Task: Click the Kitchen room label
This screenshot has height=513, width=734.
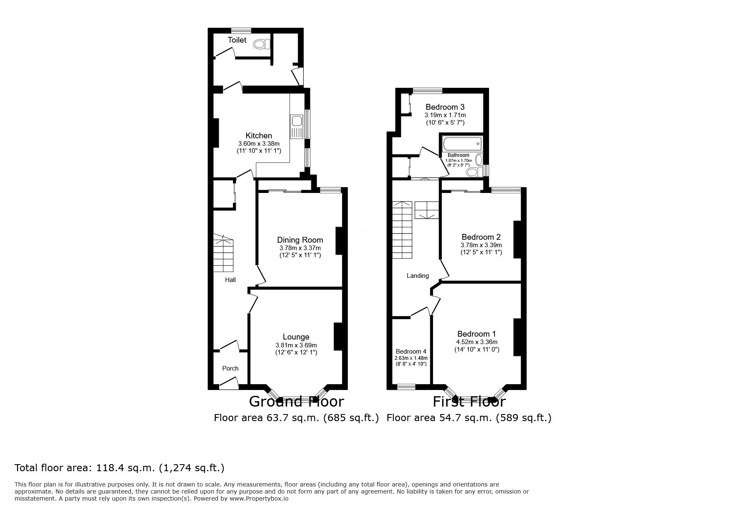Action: coord(259,135)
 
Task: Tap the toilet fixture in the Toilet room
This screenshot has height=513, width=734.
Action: coord(262,43)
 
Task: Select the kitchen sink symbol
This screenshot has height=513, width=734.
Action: coord(296,121)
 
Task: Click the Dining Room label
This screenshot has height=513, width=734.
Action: coord(300,240)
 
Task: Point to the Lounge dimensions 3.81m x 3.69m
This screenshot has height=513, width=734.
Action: coord(296,345)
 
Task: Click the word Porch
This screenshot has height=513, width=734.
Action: coord(230,368)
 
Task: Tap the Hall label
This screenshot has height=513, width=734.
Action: coord(230,280)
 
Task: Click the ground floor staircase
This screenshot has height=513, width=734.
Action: coord(224,253)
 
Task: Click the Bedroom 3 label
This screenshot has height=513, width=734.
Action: coord(445,107)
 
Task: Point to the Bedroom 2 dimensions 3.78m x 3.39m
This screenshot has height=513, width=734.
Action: coord(481,245)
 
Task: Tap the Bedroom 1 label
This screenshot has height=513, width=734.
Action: coord(476,334)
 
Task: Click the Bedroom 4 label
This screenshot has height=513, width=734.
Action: coord(411,351)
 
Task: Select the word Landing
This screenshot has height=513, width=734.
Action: coord(417,276)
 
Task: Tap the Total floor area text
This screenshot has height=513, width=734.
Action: coord(119,468)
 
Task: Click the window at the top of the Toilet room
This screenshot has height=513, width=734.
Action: coord(241,30)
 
